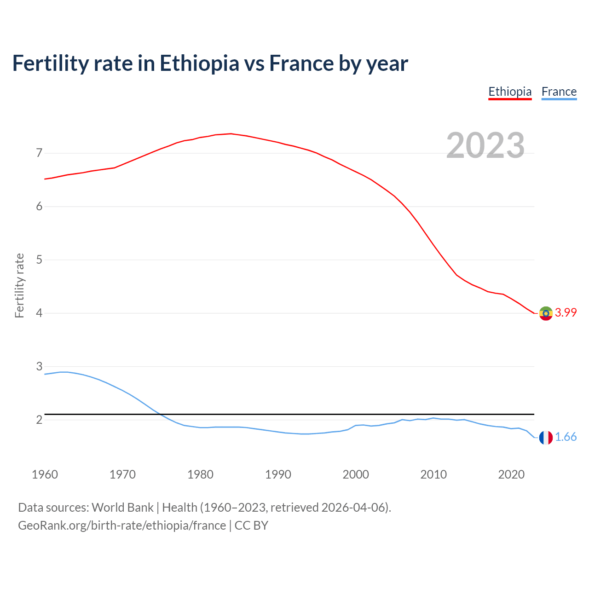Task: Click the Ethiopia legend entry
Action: pyautogui.click(x=510, y=92)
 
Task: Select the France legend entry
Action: pyautogui.click(x=559, y=92)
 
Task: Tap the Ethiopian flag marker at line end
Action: pyautogui.click(x=546, y=313)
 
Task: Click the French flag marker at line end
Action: pyautogui.click(x=546, y=438)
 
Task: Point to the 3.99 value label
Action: pyautogui.click(x=566, y=312)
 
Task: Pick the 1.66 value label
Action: pyautogui.click(x=566, y=437)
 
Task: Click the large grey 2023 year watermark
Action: pyautogui.click(x=485, y=145)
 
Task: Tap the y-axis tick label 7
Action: pyautogui.click(x=39, y=153)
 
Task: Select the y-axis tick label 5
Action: pyautogui.click(x=39, y=260)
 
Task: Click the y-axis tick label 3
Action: pyautogui.click(x=39, y=366)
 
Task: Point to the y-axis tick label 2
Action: pyautogui.click(x=39, y=420)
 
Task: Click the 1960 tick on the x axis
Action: pyautogui.click(x=45, y=474)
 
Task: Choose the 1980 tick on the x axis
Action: pyautogui.click(x=200, y=474)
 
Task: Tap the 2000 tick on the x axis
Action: pyautogui.click(x=356, y=474)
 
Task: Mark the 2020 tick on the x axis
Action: pyautogui.click(x=511, y=474)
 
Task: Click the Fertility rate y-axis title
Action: pyautogui.click(x=19, y=285)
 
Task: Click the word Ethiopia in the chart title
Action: pyautogui.click(x=199, y=64)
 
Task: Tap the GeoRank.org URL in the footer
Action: pyautogui.click(x=122, y=525)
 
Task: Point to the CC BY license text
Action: pyautogui.click(x=251, y=525)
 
